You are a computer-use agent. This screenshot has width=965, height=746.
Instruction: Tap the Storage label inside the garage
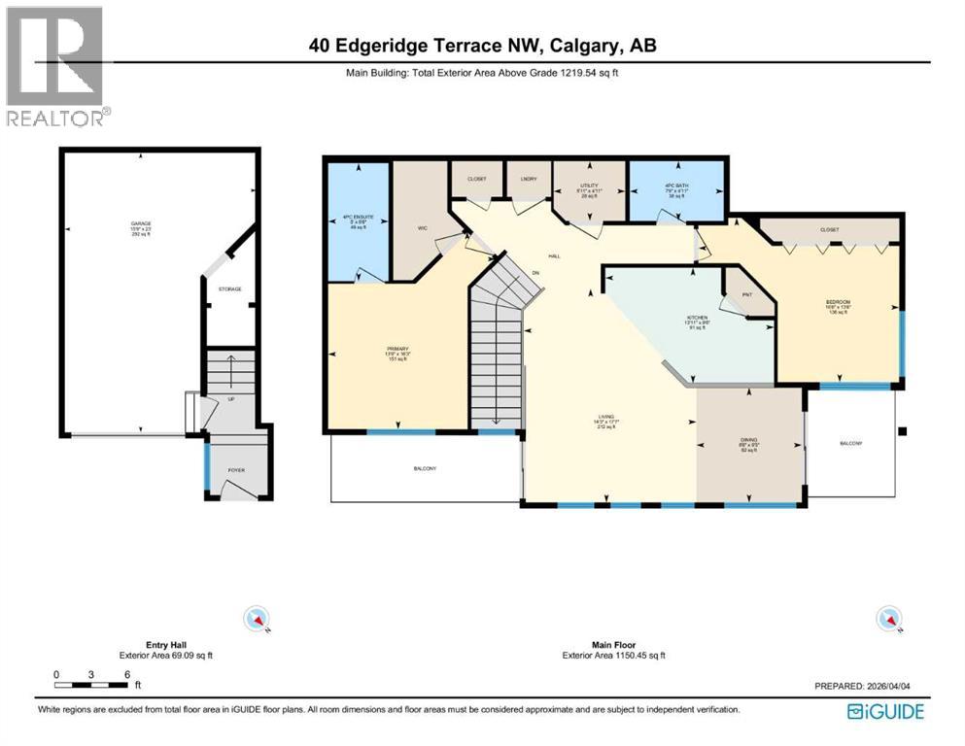click(x=229, y=289)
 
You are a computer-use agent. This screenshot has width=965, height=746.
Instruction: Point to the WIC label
click(x=423, y=227)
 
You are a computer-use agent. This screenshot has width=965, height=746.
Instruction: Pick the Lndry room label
click(x=529, y=179)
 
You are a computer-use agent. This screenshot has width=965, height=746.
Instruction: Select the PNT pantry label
click(x=747, y=295)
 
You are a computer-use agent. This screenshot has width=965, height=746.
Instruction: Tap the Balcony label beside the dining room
click(x=850, y=443)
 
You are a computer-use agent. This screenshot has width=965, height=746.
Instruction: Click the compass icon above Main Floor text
click(x=889, y=618)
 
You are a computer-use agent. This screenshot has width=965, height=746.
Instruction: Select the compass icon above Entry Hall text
click(x=258, y=618)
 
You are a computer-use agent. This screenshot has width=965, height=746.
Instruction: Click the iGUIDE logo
click(x=885, y=711)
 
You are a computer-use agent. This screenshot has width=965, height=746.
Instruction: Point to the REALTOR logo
click(x=55, y=66)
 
